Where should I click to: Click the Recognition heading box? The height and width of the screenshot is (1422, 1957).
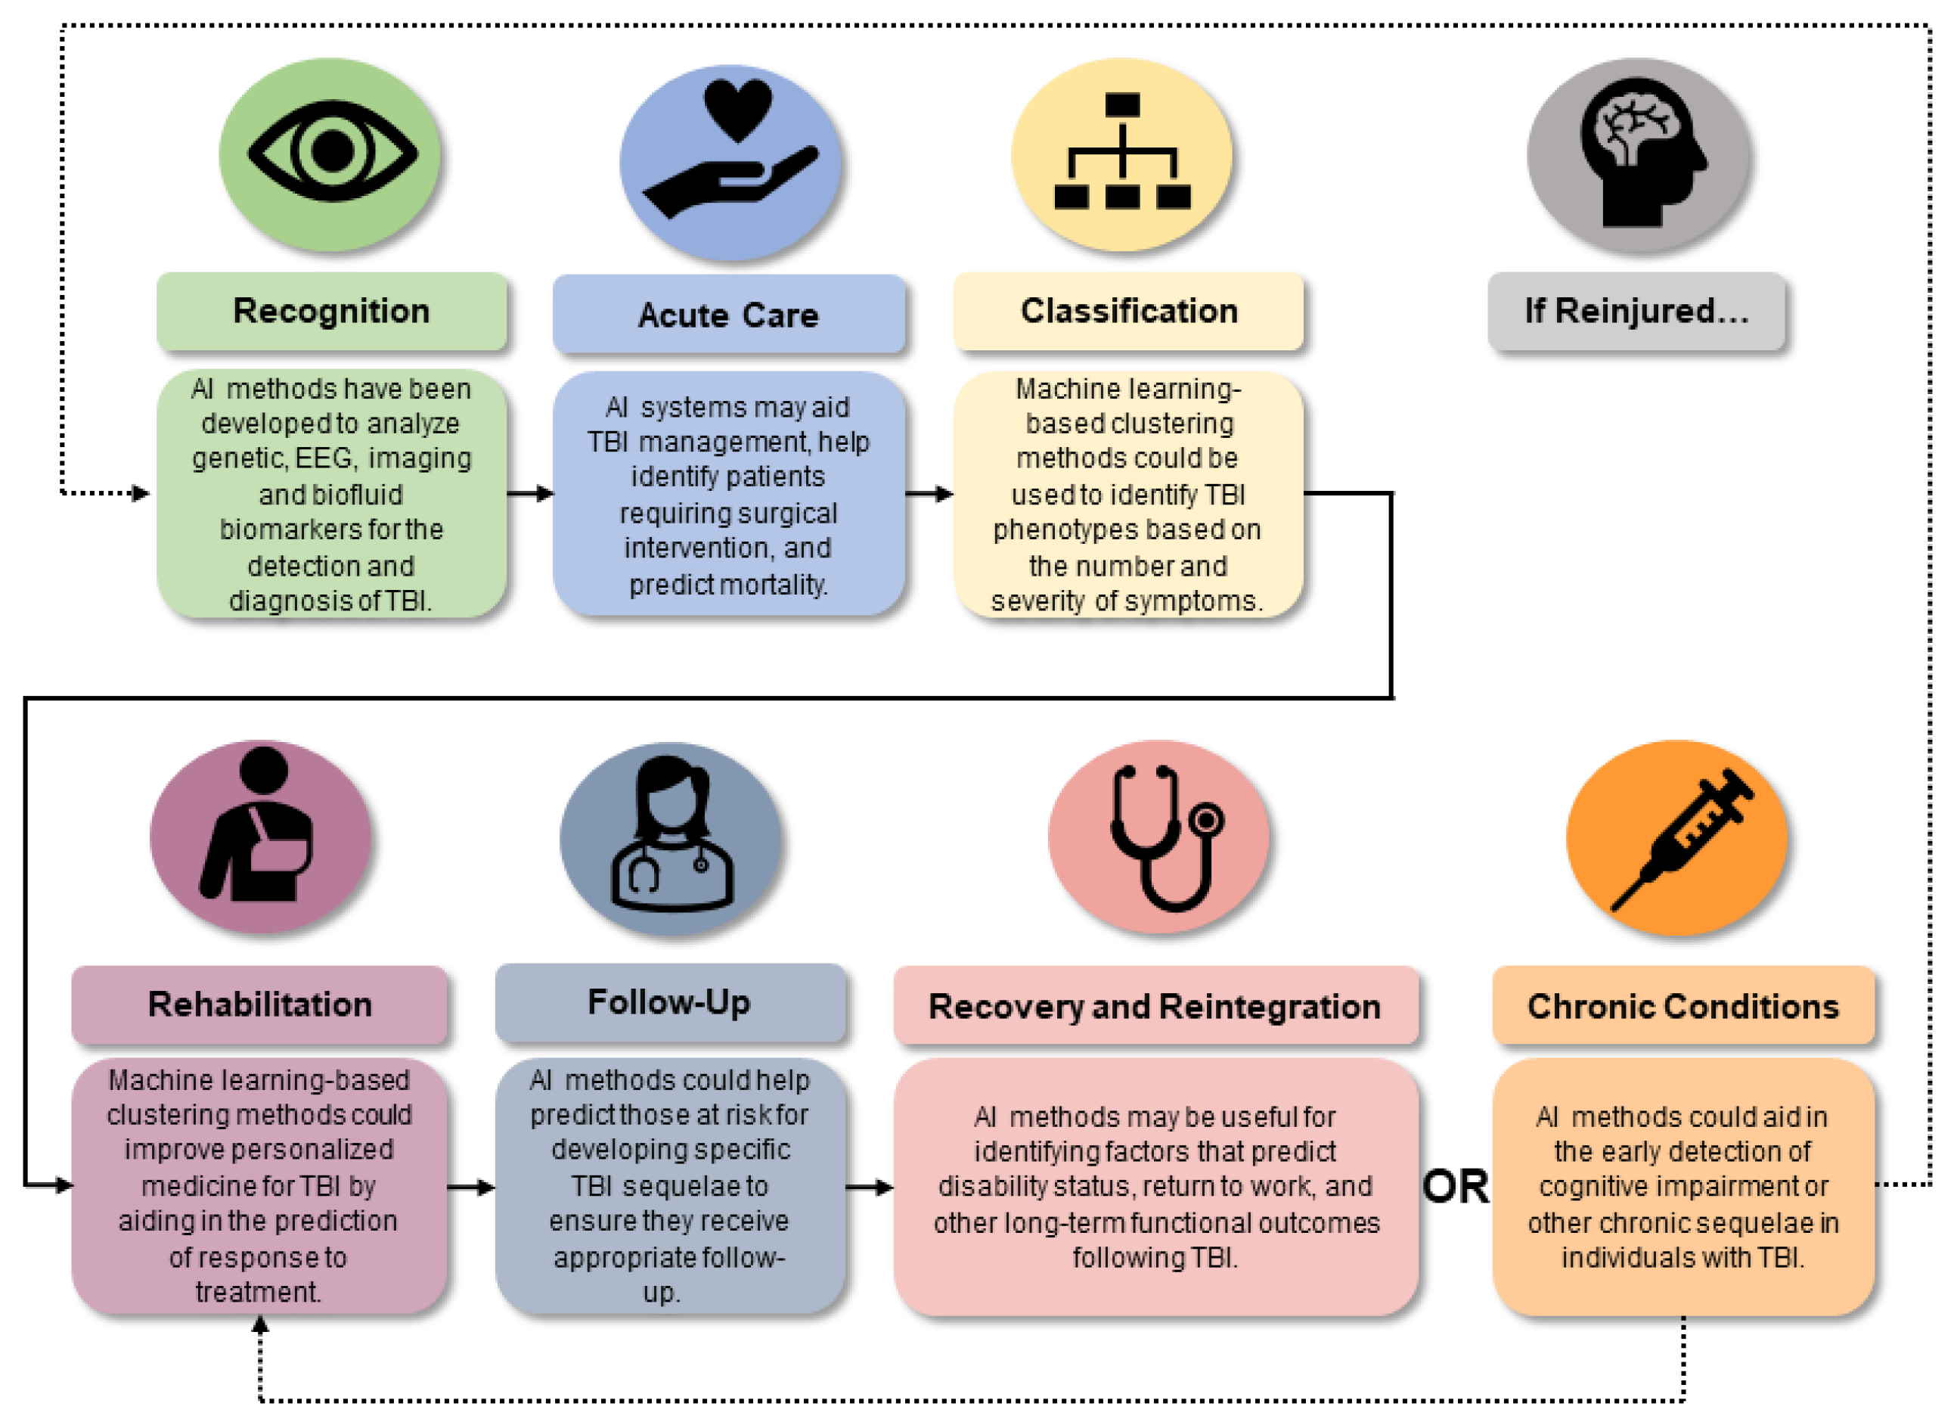[x=331, y=312]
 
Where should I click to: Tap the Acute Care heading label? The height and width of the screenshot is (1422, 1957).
[x=728, y=315]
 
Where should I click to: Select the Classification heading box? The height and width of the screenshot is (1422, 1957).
[x=1129, y=312]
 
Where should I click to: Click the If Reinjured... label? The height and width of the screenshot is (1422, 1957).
[x=1636, y=312]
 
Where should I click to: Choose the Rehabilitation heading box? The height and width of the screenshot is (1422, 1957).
[x=259, y=1005]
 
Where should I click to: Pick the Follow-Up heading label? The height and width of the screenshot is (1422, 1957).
[x=669, y=1003]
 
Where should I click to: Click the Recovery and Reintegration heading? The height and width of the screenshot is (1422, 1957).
[x=1155, y=1007]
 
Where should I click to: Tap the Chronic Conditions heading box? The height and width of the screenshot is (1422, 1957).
[x=1683, y=1007]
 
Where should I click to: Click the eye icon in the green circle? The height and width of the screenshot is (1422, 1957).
[x=332, y=152]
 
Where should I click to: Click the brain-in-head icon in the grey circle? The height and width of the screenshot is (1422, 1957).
[x=1639, y=152]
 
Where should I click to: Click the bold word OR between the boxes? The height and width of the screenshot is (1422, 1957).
[x=1456, y=1188]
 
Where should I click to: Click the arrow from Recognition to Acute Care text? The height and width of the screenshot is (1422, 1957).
[x=530, y=494]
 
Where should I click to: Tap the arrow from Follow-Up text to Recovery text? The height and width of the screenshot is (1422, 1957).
[x=869, y=1188]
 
